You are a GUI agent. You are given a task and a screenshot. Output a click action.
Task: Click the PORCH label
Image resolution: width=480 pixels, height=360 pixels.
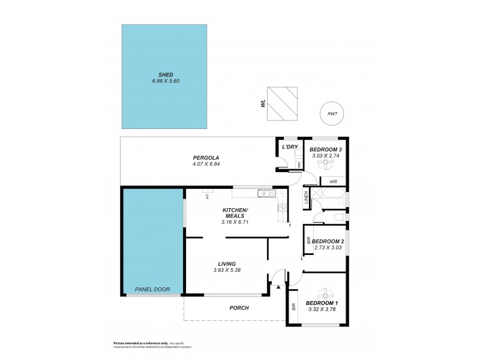tap(239, 308)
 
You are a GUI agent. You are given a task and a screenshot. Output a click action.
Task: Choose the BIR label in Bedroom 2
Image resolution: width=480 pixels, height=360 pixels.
tap(308, 241)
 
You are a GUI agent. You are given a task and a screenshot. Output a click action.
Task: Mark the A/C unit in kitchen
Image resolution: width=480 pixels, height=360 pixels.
tap(206, 196)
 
